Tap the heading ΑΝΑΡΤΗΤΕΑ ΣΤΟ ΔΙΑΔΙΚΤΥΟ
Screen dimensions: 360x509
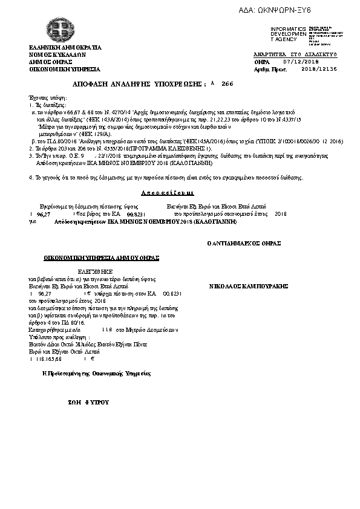tap(295, 54)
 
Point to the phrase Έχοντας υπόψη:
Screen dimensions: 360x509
tap(46, 97)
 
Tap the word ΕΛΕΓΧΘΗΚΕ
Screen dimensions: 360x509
tap(91, 272)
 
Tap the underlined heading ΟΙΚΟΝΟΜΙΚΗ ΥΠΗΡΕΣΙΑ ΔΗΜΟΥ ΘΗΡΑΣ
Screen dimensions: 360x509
tap(100, 258)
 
